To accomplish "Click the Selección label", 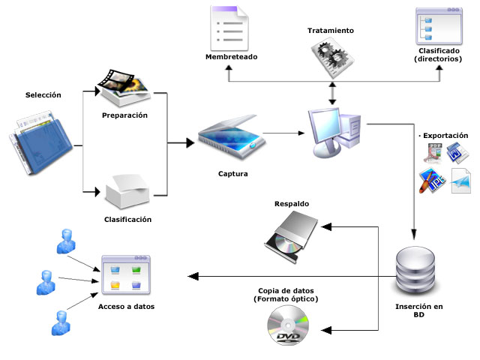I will (x=43, y=95).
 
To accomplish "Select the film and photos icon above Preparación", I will (x=125, y=87).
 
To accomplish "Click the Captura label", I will (x=232, y=174).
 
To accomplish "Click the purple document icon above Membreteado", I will (x=231, y=28).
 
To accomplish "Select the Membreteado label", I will (x=231, y=58).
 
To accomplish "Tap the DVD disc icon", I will (x=288, y=330).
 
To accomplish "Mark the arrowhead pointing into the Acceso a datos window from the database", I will (x=190, y=276).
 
